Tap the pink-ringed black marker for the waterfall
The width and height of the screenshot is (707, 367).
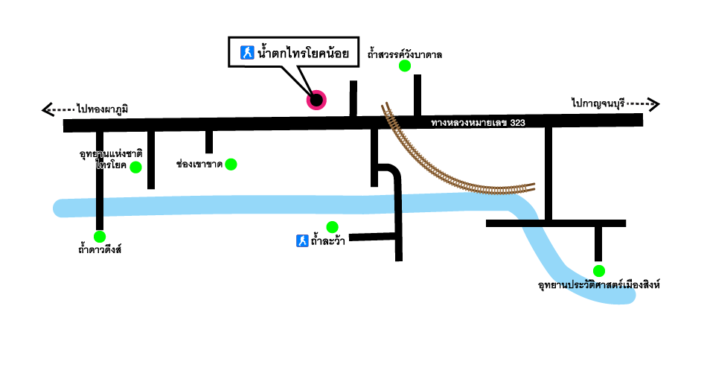[316, 100]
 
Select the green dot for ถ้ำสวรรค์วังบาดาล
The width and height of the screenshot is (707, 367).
[405, 66]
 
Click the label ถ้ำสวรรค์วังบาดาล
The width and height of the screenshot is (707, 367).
[405, 54]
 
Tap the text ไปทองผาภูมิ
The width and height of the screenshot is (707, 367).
[102, 109]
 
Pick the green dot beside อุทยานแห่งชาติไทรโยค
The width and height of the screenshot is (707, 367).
[135, 167]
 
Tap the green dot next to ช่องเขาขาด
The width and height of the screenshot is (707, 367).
[231, 164]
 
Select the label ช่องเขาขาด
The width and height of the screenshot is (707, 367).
[199, 163]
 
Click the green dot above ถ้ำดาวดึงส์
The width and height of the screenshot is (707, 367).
[99, 237]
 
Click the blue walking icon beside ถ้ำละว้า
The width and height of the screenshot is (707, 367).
[302, 240]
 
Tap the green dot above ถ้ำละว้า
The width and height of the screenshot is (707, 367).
[332, 227]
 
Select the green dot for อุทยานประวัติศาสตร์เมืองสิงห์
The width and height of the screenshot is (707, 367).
[599, 271]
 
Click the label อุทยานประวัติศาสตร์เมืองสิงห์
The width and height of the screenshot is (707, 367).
[599, 285]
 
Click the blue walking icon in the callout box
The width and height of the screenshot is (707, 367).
[246, 53]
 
